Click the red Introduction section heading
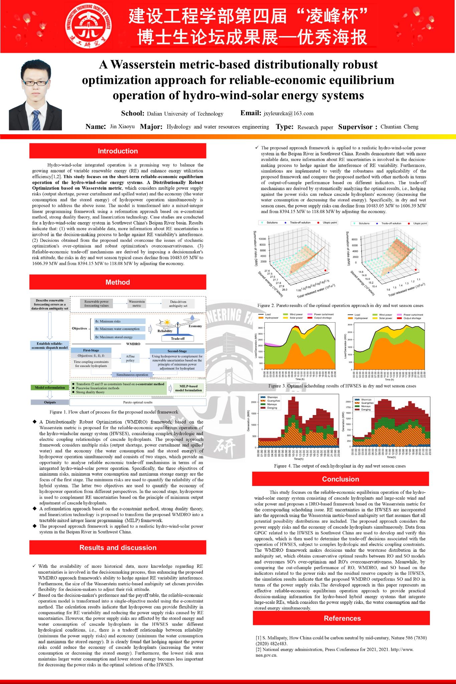(x=118, y=151)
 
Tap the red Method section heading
(x=118, y=282)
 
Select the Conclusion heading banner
(x=340, y=479)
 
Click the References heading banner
(x=342, y=618)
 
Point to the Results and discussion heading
(x=118, y=548)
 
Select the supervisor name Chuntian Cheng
(x=399, y=127)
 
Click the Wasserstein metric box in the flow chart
(x=137, y=303)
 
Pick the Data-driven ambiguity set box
(x=178, y=304)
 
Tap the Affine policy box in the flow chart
(x=130, y=358)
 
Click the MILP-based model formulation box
(x=188, y=388)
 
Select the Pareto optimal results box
(x=138, y=402)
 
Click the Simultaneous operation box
(x=132, y=375)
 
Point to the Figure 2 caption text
(x=340, y=306)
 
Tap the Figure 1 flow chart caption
(x=114, y=412)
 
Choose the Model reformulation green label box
(x=50, y=388)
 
